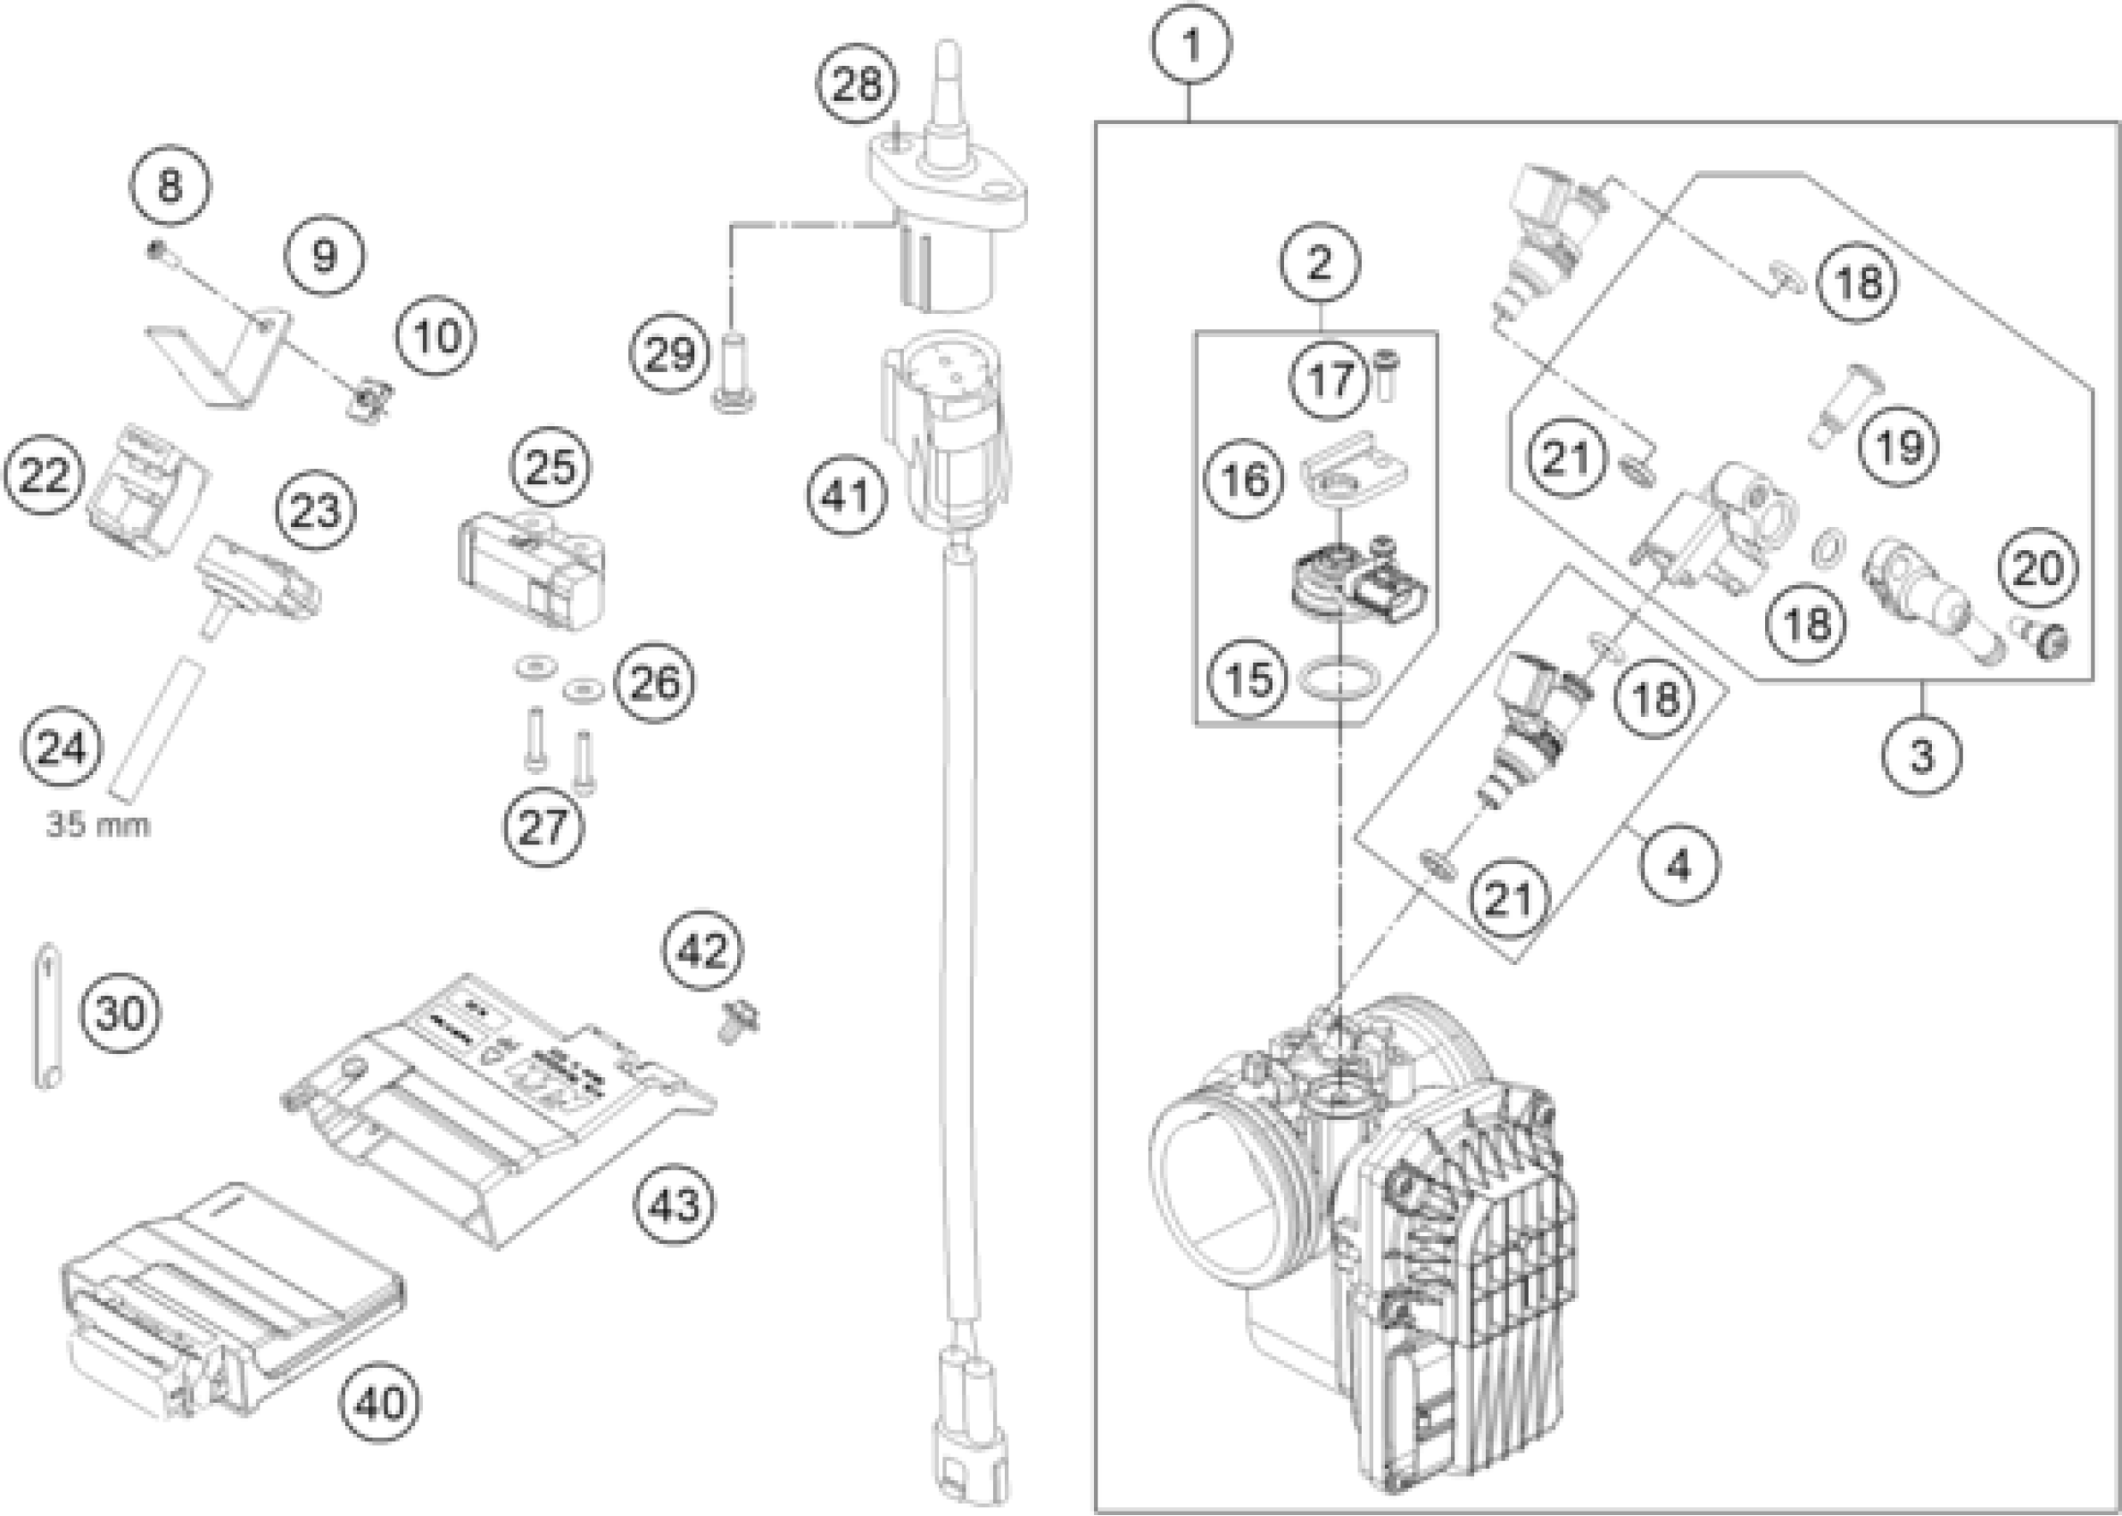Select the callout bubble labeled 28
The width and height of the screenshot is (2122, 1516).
coord(857,85)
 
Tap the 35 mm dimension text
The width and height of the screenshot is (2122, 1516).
coord(98,825)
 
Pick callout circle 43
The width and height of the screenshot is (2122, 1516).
coord(675,1205)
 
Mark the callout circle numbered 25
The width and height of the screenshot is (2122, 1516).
coord(550,466)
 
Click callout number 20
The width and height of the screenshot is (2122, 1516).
coord(2038,567)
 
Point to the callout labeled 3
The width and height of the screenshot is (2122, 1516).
coord(1921,756)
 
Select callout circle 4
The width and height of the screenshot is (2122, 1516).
coord(1679,866)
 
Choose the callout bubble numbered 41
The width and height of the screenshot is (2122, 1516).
coord(847,496)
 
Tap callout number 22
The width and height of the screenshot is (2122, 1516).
coord(44,475)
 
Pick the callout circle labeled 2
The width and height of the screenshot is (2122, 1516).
coord(1320,263)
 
